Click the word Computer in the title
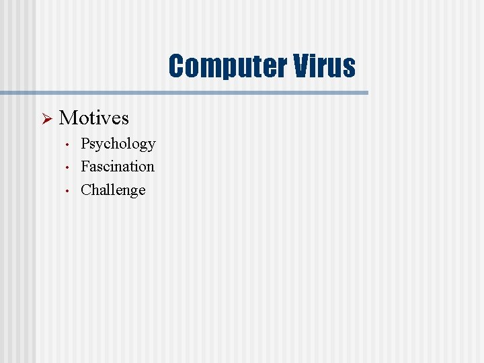(x=227, y=67)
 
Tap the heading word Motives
(x=94, y=118)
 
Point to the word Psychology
(x=118, y=144)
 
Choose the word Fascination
(x=118, y=166)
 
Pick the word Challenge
(x=113, y=190)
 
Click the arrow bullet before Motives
(x=46, y=119)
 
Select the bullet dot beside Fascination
(x=68, y=167)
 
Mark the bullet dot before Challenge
(x=68, y=191)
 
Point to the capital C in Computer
(x=176, y=67)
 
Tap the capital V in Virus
(x=300, y=67)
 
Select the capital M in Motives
(x=67, y=118)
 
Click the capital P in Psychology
(x=85, y=143)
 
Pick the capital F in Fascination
(x=85, y=166)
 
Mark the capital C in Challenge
(x=85, y=190)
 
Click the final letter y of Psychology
(x=151, y=146)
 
